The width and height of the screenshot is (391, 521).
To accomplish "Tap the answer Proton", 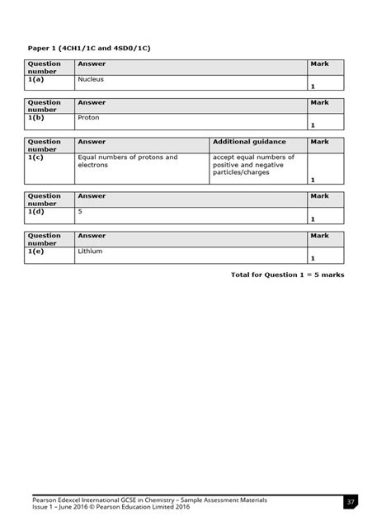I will coord(88,118).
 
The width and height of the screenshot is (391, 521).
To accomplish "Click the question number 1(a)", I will coord(35,78).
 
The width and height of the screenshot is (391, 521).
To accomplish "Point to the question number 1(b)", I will coord(35,118).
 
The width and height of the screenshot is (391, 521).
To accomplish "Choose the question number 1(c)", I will coord(35,157).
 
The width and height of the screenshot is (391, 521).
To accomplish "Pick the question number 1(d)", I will coord(35,211).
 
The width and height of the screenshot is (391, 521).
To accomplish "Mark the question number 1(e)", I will coord(35,251).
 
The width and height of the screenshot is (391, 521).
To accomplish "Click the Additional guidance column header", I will coord(247,143).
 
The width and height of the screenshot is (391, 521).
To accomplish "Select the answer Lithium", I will coord(90,251).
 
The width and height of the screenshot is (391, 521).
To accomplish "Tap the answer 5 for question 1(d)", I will coord(80,211).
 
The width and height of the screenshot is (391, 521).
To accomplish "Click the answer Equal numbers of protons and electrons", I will coord(127,161).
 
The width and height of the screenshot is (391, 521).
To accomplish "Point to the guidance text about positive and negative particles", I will coord(252,165).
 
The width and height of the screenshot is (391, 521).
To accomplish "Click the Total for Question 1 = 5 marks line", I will coord(287,275).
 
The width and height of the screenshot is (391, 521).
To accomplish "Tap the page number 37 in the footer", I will coord(351,502).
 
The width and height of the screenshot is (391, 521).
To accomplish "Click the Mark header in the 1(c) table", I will coord(319,143).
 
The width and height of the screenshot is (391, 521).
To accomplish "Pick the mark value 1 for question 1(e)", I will coord(313,259).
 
